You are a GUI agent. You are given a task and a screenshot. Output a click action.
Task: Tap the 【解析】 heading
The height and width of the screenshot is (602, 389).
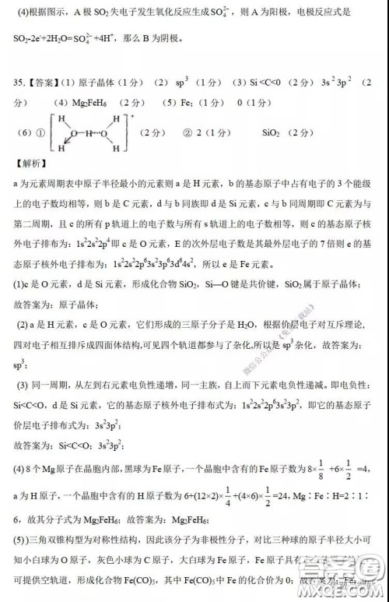point(30,164)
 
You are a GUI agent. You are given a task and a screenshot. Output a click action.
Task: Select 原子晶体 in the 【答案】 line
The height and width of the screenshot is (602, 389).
point(100,82)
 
